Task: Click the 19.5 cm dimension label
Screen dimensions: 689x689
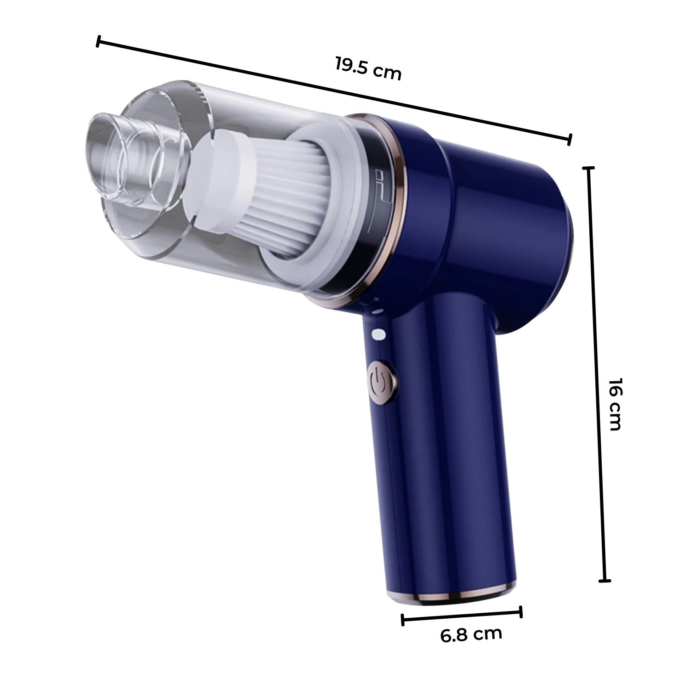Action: click(367, 68)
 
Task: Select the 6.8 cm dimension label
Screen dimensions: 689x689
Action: click(471, 635)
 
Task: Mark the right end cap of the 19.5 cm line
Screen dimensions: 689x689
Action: click(570, 139)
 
